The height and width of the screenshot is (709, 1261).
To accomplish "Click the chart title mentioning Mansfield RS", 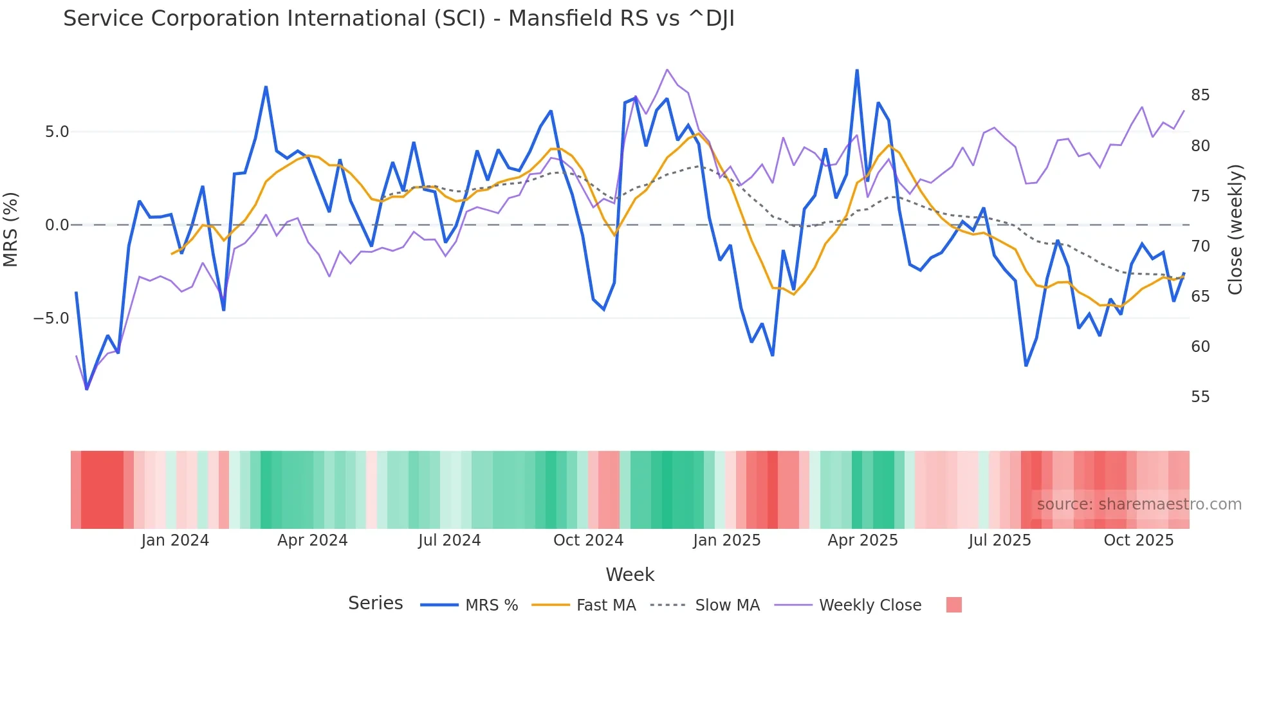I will (x=398, y=19).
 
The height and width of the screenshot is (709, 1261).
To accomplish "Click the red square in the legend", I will (x=953, y=605).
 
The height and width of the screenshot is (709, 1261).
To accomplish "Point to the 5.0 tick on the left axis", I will (x=57, y=132).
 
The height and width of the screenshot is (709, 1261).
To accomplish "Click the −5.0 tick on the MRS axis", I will (x=51, y=318).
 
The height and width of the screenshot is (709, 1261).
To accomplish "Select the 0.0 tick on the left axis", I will (x=57, y=225).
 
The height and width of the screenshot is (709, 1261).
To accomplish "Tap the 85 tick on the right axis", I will (x=1200, y=95).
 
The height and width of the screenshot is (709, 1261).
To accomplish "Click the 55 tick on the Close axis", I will (x=1200, y=397).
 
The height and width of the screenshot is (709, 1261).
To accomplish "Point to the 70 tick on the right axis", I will (x=1200, y=246).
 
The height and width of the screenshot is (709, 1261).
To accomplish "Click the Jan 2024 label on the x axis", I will (x=175, y=540).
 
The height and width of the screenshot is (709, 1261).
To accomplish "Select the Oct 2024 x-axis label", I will (x=588, y=540).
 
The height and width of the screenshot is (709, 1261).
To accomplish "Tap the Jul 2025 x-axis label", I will (x=999, y=540).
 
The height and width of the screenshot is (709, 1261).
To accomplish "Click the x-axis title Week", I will (x=630, y=575).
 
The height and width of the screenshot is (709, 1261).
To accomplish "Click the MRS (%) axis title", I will (x=11, y=229).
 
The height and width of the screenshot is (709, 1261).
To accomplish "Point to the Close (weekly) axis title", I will (x=1235, y=230).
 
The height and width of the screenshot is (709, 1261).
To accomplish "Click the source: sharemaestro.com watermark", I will (x=1139, y=504).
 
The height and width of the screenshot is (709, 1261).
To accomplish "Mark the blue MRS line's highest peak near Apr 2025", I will (x=857, y=70).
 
